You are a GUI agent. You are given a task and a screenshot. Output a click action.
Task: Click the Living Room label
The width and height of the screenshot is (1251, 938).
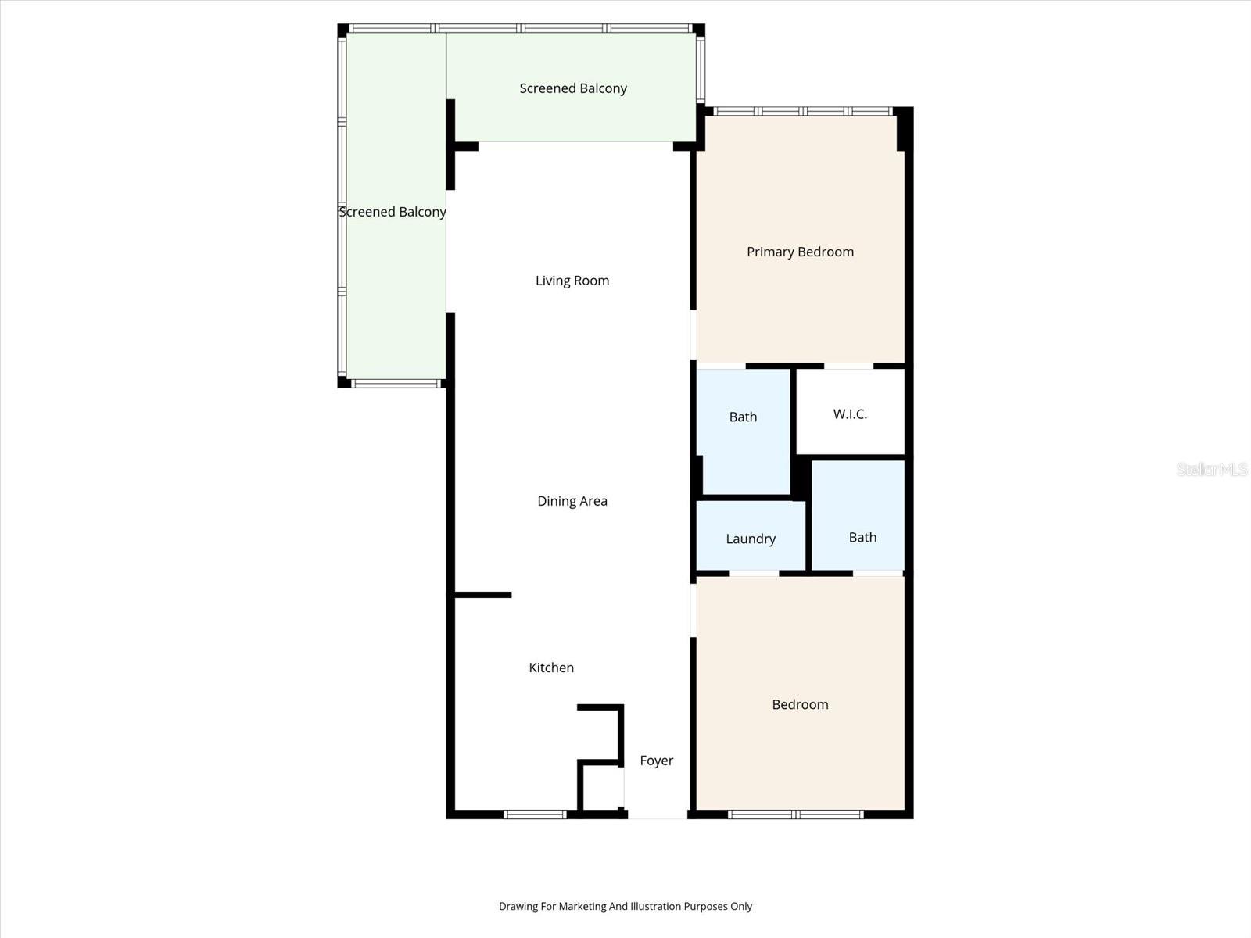tap(572, 281)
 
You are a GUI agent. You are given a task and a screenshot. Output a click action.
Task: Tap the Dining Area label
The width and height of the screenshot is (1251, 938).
tap(572, 501)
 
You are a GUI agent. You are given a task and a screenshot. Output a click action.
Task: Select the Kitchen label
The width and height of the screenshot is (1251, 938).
tap(551, 668)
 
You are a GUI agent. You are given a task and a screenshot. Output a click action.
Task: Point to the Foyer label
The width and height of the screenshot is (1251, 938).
tap(656, 761)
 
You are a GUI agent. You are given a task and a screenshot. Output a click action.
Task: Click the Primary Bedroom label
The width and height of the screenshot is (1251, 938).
tap(800, 252)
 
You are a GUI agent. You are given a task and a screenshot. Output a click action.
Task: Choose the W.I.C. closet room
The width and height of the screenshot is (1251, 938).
tap(850, 414)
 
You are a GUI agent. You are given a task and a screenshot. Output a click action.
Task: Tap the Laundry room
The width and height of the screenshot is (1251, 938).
tap(750, 539)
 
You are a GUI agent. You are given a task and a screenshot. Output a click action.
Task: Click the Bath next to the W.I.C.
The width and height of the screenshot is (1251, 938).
tap(743, 417)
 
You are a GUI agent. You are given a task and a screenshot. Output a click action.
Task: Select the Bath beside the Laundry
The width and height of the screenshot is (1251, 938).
tap(862, 537)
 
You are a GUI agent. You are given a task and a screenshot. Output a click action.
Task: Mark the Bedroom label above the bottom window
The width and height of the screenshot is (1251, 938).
tap(800, 704)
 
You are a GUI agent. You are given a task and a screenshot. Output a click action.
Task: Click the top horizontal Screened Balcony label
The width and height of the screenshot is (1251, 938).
tap(573, 88)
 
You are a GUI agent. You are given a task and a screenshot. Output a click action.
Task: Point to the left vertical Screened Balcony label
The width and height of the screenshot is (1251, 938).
tap(393, 212)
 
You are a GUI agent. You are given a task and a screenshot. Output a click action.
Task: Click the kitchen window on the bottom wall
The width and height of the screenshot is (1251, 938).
tap(535, 814)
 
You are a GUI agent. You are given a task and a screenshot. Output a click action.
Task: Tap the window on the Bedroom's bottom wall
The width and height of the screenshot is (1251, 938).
tap(796, 814)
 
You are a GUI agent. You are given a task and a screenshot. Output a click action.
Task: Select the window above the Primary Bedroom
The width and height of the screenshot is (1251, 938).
tap(803, 111)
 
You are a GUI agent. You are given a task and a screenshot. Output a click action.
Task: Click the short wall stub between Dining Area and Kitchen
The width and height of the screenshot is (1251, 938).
tap(482, 595)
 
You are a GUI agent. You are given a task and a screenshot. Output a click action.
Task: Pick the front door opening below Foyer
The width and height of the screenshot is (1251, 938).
tap(657, 815)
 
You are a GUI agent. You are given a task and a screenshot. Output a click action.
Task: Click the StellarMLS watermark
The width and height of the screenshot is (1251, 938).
tap(1212, 469)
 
